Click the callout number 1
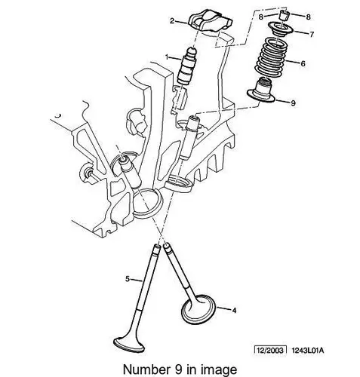[x=167, y=57]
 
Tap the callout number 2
[x=172, y=21]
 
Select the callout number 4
[x=234, y=311]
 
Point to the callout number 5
[x=128, y=279]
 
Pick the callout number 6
[x=303, y=63]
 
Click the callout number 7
[x=312, y=34]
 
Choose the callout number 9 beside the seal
[x=293, y=103]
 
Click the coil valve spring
[x=271, y=58]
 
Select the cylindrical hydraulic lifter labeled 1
[x=186, y=66]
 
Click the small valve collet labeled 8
[x=285, y=16]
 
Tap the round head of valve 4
[x=198, y=309]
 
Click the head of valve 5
[x=129, y=344]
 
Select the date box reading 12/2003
[x=270, y=350]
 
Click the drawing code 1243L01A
[x=308, y=350]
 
